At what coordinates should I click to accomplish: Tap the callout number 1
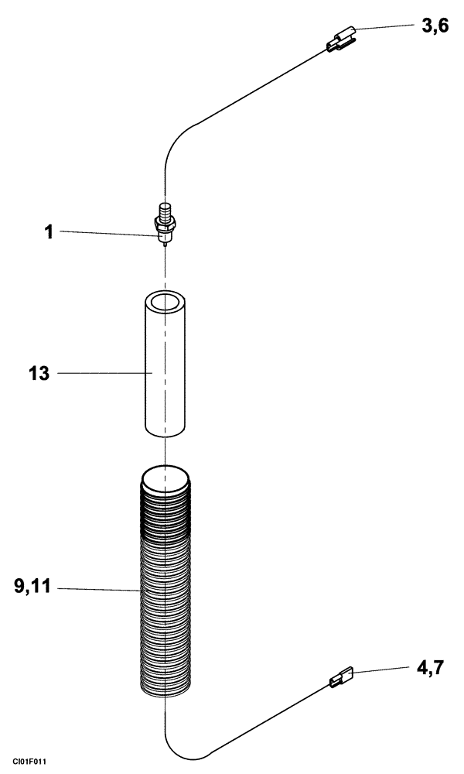coord(49,231)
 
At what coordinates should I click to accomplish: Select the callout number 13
coord(38,374)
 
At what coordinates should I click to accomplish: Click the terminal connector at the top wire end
coord(341,41)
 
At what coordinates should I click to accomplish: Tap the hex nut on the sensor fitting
coord(164,224)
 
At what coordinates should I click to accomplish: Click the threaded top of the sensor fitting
coord(164,210)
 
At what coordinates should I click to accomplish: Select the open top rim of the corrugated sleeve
coord(165,474)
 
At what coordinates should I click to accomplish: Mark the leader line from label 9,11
coord(101,590)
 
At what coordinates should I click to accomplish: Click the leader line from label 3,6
coord(387,28)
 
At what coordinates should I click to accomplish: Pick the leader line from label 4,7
coord(379,670)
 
